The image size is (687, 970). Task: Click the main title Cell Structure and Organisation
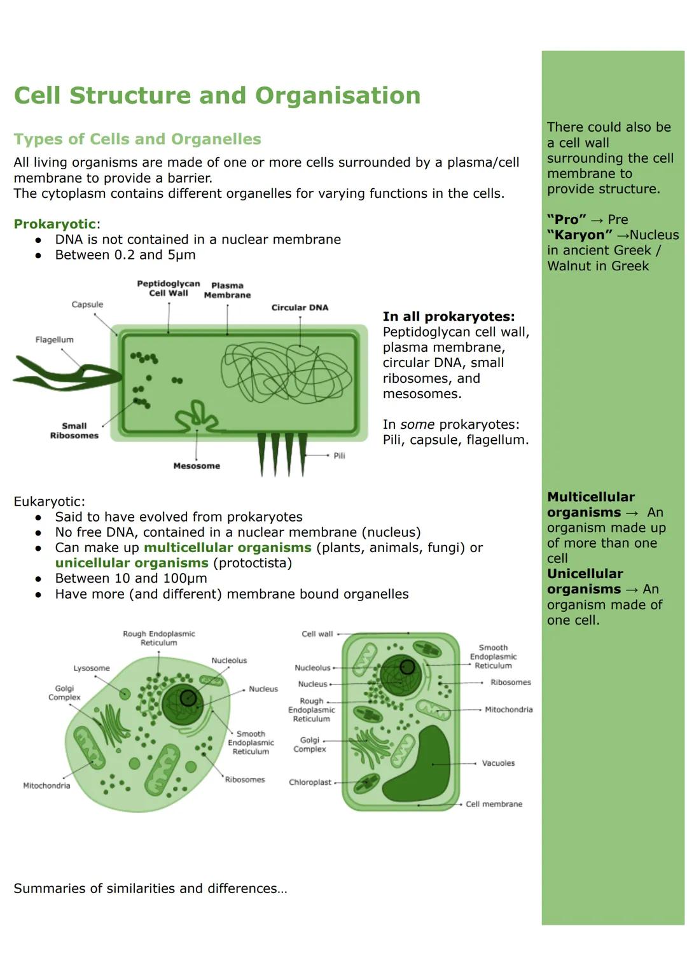coord(217,95)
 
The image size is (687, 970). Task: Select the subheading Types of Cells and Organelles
coord(137,139)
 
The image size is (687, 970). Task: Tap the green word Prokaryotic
coord(55,224)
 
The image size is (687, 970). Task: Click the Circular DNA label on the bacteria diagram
coord(300,308)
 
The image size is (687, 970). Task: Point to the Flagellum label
coord(54,340)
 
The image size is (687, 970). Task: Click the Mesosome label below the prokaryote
coord(197,466)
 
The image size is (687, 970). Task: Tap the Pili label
coord(339,455)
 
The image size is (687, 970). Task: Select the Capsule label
coord(87,305)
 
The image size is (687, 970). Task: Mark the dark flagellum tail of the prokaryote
coord(64,375)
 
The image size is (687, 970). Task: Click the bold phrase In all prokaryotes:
coord(448,317)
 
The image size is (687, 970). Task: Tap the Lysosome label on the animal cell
coord(92,668)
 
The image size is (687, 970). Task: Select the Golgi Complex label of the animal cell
coord(64,693)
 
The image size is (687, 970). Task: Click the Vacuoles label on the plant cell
coord(498,763)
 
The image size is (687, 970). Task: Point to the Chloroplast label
coord(310,782)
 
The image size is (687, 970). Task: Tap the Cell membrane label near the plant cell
coord(494,804)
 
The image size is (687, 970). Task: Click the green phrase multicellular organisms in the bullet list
coord(227,548)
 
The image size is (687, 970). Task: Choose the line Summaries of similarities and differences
coord(150,889)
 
